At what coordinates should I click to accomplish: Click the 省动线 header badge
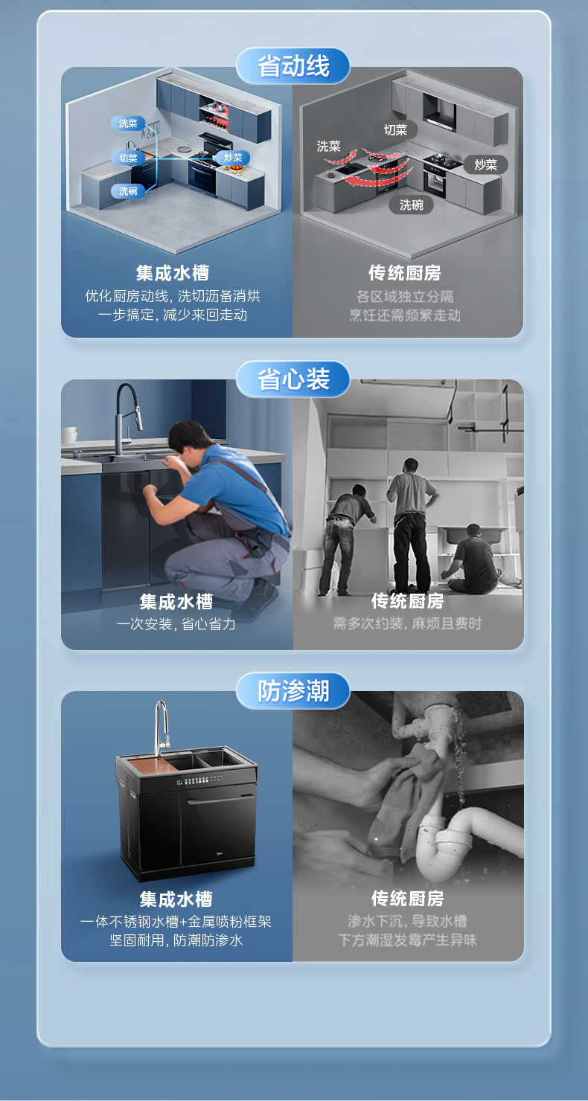click(293, 65)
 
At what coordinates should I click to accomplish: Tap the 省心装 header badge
click(293, 379)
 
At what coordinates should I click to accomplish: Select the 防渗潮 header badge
click(293, 690)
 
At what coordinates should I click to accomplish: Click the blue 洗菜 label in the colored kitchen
click(128, 123)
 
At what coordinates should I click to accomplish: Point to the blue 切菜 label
click(128, 158)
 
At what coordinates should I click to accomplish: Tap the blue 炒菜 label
click(233, 158)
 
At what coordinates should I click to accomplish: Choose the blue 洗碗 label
click(128, 191)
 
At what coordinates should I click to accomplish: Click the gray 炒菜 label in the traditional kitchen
click(485, 164)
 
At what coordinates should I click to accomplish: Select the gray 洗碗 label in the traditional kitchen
click(411, 205)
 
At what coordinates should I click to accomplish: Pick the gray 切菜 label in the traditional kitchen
click(395, 130)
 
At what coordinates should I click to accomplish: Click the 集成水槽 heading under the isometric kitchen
click(176, 273)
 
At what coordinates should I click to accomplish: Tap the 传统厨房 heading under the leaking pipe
click(408, 899)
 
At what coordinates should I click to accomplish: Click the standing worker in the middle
click(411, 521)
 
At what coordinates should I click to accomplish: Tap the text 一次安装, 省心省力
click(176, 624)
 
